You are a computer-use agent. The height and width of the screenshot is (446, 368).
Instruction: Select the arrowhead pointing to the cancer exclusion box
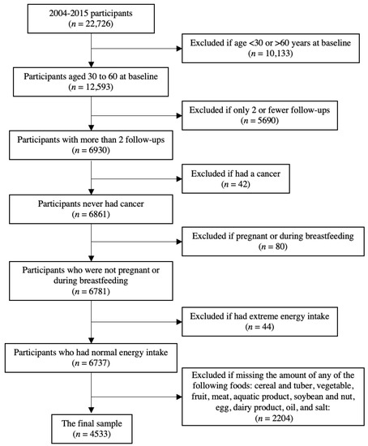[183, 176]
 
